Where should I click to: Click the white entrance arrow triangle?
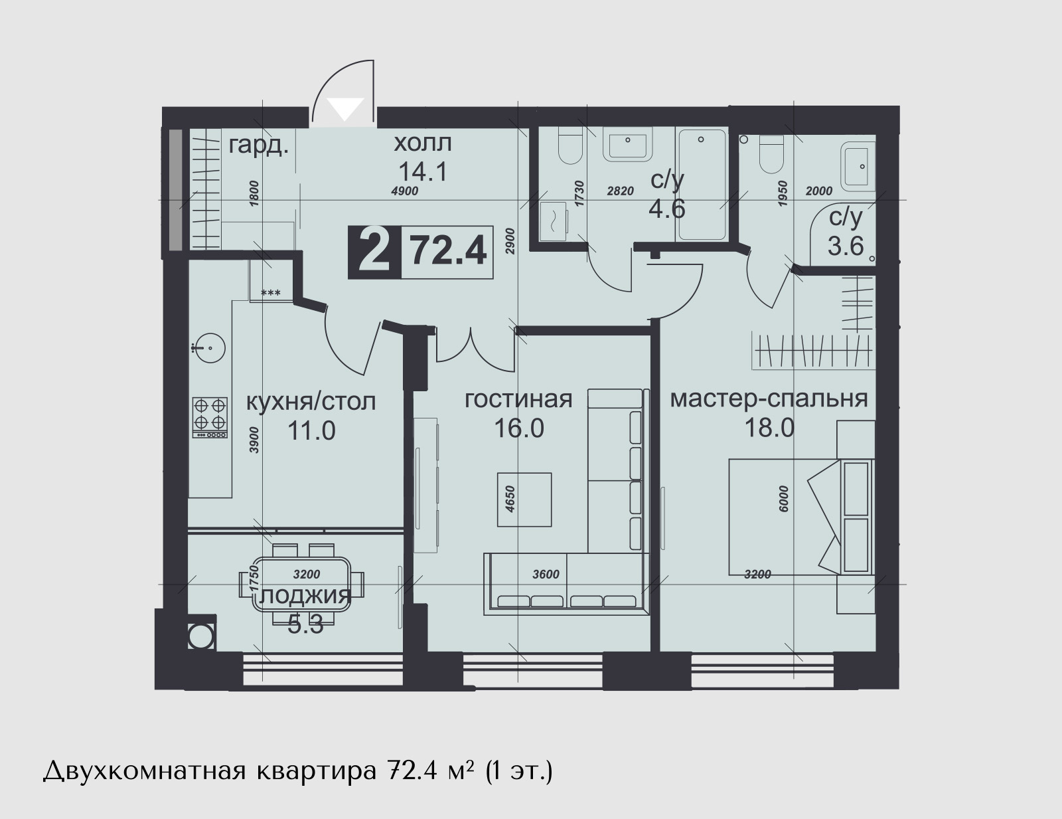click(346, 108)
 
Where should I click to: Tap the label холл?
click(423, 143)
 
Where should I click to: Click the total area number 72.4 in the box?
click(448, 251)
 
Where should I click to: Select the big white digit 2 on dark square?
click(374, 252)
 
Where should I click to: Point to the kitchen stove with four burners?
click(210, 417)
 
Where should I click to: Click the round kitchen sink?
click(210, 348)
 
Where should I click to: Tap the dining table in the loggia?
click(301, 585)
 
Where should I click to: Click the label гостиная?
click(518, 399)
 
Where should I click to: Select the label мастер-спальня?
click(769, 399)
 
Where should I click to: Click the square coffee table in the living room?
click(524, 500)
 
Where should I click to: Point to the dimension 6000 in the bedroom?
click(783, 499)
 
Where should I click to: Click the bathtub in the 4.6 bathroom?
click(702, 185)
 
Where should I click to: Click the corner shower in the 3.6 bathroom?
click(842, 234)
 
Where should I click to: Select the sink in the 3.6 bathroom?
click(858, 167)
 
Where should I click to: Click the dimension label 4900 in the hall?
click(405, 191)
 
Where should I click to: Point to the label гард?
click(259, 146)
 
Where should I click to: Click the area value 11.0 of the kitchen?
click(311, 431)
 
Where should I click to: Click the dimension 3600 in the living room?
click(546, 574)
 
